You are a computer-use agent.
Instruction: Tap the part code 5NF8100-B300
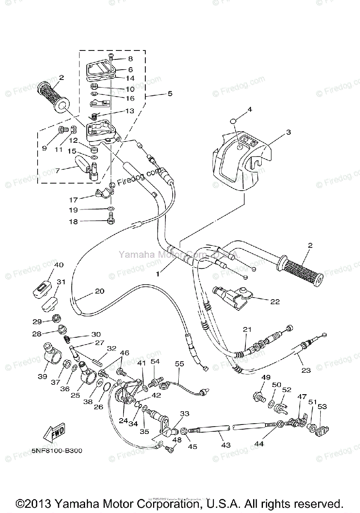click(x=57, y=451)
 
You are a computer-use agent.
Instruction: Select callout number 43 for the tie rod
click(x=226, y=445)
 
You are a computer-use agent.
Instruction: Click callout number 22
click(x=274, y=301)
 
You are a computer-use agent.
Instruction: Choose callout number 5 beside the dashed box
click(x=170, y=93)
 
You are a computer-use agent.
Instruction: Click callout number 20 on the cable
click(x=99, y=291)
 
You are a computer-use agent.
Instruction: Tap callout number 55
click(x=179, y=364)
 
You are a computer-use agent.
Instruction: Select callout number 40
click(x=59, y=265)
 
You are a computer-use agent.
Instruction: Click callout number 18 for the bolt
click(x=73, y=221)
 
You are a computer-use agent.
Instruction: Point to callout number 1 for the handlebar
click(x=159, y=270)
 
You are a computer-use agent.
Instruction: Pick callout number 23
click(x=306, y=370)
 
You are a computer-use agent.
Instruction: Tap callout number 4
click(x=250, y=109)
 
